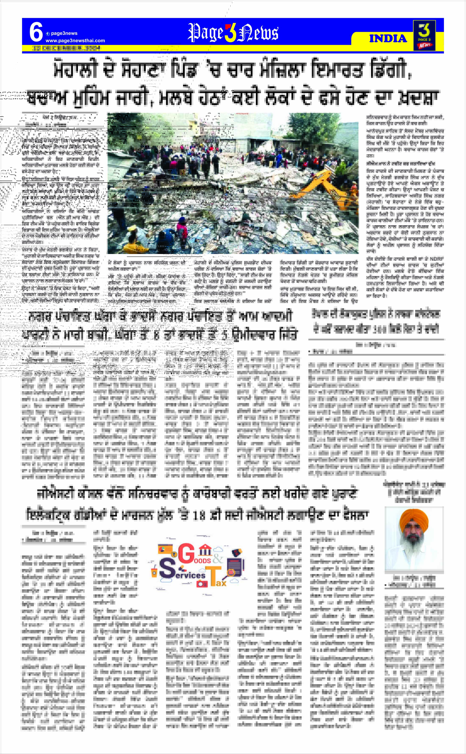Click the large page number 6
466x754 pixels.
(36, 32)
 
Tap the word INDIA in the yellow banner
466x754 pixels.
(388, 39)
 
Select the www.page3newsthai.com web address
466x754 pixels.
(75, 41)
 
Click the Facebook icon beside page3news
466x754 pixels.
(48, 34)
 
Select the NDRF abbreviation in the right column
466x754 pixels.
(437, 259)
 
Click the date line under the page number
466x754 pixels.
(67, 48)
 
